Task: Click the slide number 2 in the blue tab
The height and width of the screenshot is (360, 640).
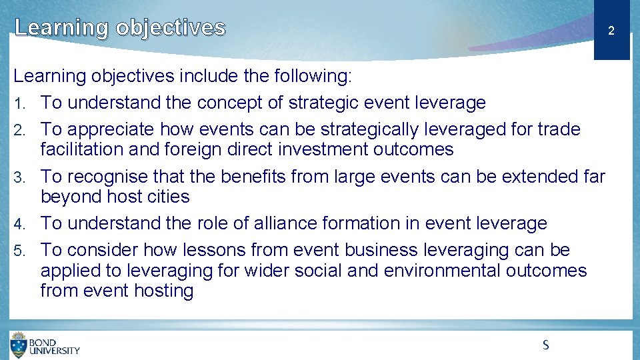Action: point(611,31)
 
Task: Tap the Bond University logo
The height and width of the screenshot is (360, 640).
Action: point(45,345)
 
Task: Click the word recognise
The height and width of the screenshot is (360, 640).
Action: point(107,177)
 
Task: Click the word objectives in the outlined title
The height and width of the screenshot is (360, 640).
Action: point(171,27)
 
